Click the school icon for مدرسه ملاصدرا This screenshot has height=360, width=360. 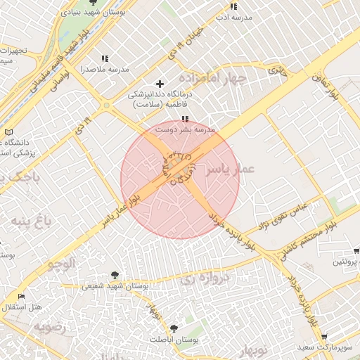[x=105, y=59]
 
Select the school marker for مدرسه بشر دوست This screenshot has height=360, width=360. [x=185, y=120]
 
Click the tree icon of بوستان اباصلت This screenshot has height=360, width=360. [x=174, y=328]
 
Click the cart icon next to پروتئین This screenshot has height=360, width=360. [x=356, y=250]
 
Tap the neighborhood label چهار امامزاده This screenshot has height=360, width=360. [x=212, y=77]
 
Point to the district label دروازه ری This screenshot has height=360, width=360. [x=196, y=278]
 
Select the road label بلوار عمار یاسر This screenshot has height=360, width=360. [x=124, y=210]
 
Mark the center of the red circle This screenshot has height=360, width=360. [x=180, y=179]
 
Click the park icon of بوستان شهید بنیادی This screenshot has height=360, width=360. [x=94, y=3]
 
